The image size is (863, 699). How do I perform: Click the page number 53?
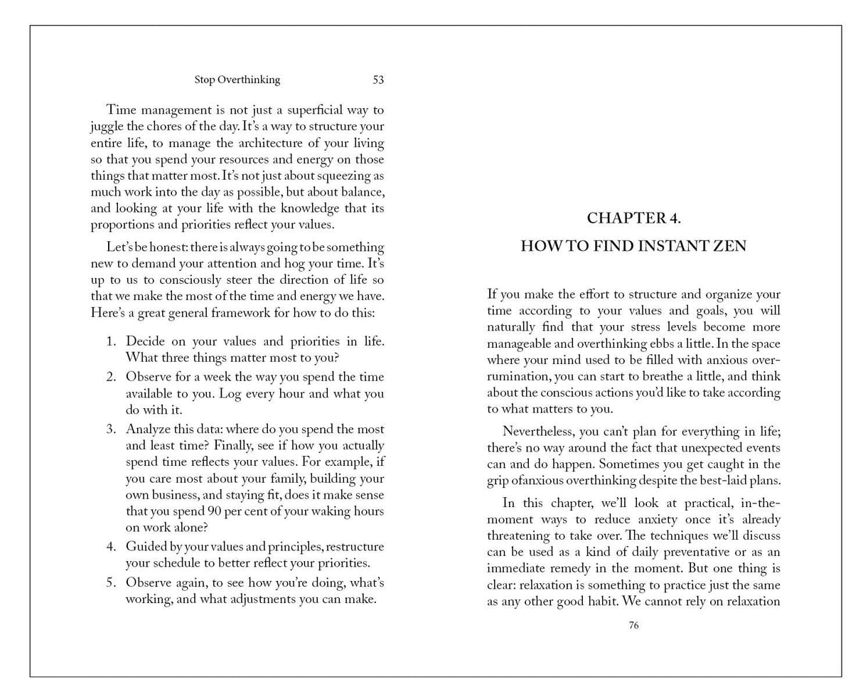[378, 80]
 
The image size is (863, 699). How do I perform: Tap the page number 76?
[633, 626]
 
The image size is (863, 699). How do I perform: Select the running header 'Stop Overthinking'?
[237, 80]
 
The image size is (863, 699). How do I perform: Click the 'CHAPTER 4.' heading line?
[633, 218]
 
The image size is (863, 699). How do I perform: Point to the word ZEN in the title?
[727, 246]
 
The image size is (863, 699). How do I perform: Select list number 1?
[111, 341]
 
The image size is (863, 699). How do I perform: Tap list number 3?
[111, 429]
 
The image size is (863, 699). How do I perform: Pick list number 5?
[111, 582]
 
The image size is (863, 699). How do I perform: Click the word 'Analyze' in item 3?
[147, 429]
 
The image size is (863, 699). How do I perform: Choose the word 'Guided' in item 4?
[145, 547]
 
